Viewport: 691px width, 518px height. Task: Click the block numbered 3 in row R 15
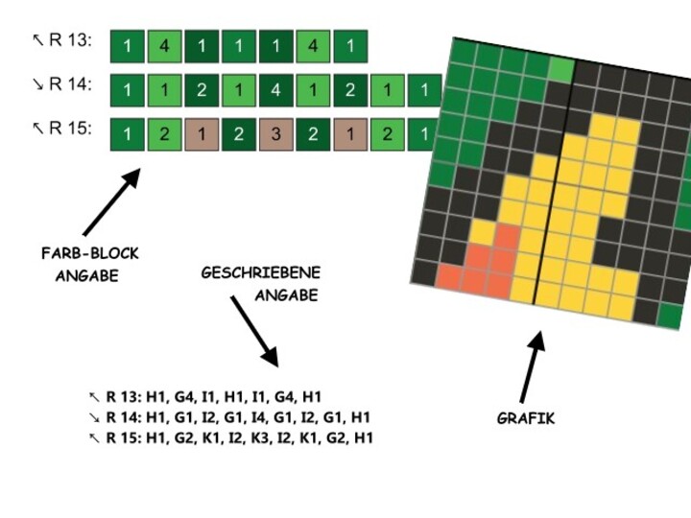(275, 133)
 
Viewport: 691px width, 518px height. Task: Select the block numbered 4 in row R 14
(275, 90)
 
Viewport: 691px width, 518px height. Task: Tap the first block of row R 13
(127, 46)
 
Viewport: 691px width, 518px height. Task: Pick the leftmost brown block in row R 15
(202, 133)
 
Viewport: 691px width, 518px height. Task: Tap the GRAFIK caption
(525, 418)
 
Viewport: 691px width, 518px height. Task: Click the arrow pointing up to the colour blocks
(111, 202)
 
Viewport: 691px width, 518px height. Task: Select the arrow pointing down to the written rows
(253, 331)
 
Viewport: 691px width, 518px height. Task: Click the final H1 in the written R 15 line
(363, 437)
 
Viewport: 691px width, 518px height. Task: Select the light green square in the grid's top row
(561, 67)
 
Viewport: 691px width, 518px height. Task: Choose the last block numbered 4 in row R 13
(313, 46)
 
